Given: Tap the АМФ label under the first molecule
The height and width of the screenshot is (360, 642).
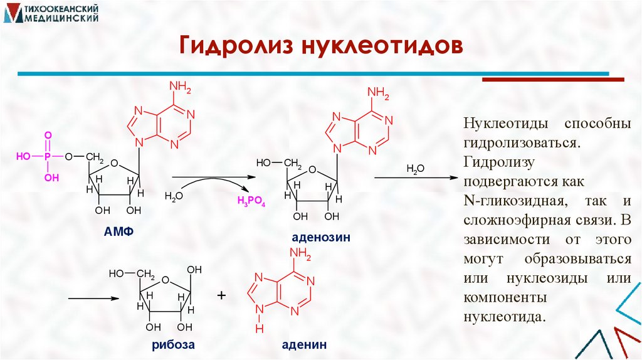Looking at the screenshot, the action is tap(120, 232).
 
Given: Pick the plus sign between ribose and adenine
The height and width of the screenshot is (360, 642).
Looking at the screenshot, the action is tap(221, 295).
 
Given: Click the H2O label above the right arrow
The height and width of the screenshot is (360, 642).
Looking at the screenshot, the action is tap(416, 169).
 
